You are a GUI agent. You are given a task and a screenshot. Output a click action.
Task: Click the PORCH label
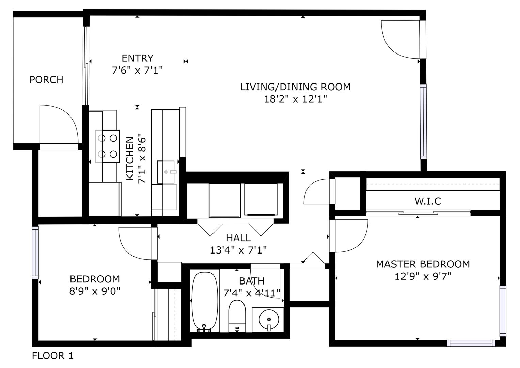click(46, 80)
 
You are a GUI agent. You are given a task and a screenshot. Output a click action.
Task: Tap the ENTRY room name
click(138, 58)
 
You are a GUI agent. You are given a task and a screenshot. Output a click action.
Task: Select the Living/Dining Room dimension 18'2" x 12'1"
click(295, 99)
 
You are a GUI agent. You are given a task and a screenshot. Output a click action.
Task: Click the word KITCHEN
click(130, 158)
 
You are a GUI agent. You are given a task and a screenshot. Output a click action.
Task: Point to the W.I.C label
click(428, 201)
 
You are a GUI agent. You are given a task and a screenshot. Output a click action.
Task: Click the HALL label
click(238, 238)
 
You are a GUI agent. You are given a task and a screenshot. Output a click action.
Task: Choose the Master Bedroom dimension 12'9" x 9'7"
click(423, 276)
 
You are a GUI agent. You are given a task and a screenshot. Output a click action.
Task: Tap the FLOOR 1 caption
click(53, 356)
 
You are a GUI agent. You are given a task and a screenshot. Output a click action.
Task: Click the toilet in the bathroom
click(237, 316)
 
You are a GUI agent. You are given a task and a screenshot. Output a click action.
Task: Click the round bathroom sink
click(269, 320)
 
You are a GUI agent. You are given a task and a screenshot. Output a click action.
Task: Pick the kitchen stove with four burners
click(108, 146)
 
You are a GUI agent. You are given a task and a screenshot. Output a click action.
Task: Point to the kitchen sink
click(166, 172)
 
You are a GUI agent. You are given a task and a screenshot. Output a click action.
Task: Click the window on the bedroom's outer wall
click(35, 252)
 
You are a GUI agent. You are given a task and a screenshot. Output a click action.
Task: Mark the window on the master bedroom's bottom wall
click(471, 343)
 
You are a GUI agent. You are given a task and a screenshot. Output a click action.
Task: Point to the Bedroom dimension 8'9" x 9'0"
click(95, 291)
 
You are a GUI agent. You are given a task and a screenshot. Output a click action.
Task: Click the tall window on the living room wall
click(423, 122)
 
